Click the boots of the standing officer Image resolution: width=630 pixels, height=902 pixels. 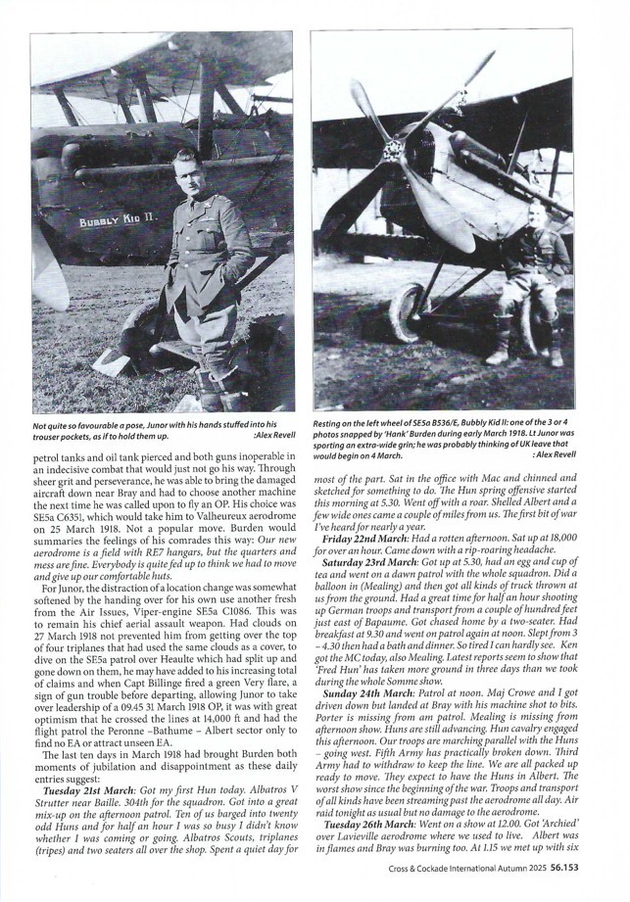[208, 392]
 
